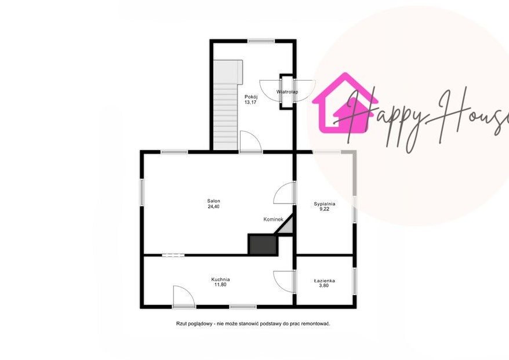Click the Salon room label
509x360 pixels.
pos(213,201)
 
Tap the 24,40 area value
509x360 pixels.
pos(213,206)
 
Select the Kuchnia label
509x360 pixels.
pos(220,279)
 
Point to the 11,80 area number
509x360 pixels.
pos(220,285)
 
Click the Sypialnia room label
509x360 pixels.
pos(324,204)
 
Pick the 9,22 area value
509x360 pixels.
pos(324,209)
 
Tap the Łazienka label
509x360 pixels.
pos(324,281)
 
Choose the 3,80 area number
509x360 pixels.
pos(324,286)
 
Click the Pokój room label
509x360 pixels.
pos(251,96)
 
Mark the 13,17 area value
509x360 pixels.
pos(251,102)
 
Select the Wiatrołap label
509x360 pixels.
pos(288,92)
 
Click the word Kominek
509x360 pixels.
pos(273,220)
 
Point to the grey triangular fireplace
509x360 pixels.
pos(288,226)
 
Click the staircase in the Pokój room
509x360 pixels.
pos(226,105)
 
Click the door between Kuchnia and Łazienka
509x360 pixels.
pos(284,282)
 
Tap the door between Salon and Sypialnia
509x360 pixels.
pos(284,193)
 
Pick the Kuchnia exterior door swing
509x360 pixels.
pos(184,296)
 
